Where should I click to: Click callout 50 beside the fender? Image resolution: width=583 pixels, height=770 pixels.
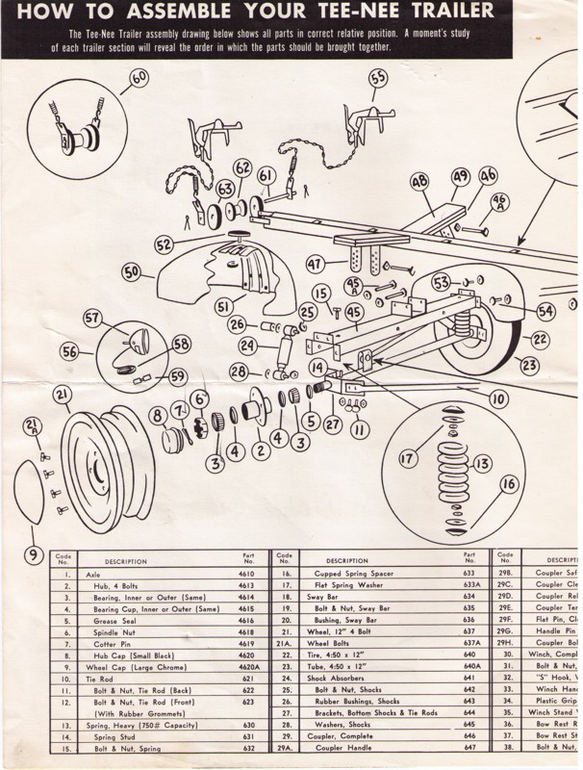(x=132, y=271)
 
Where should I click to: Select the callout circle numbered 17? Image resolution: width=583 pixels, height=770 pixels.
(x=408, y=458)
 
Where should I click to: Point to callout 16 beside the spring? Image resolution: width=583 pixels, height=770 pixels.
(x=509, y=483)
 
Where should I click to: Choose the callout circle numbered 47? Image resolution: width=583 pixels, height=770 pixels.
(x=314, y=262)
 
